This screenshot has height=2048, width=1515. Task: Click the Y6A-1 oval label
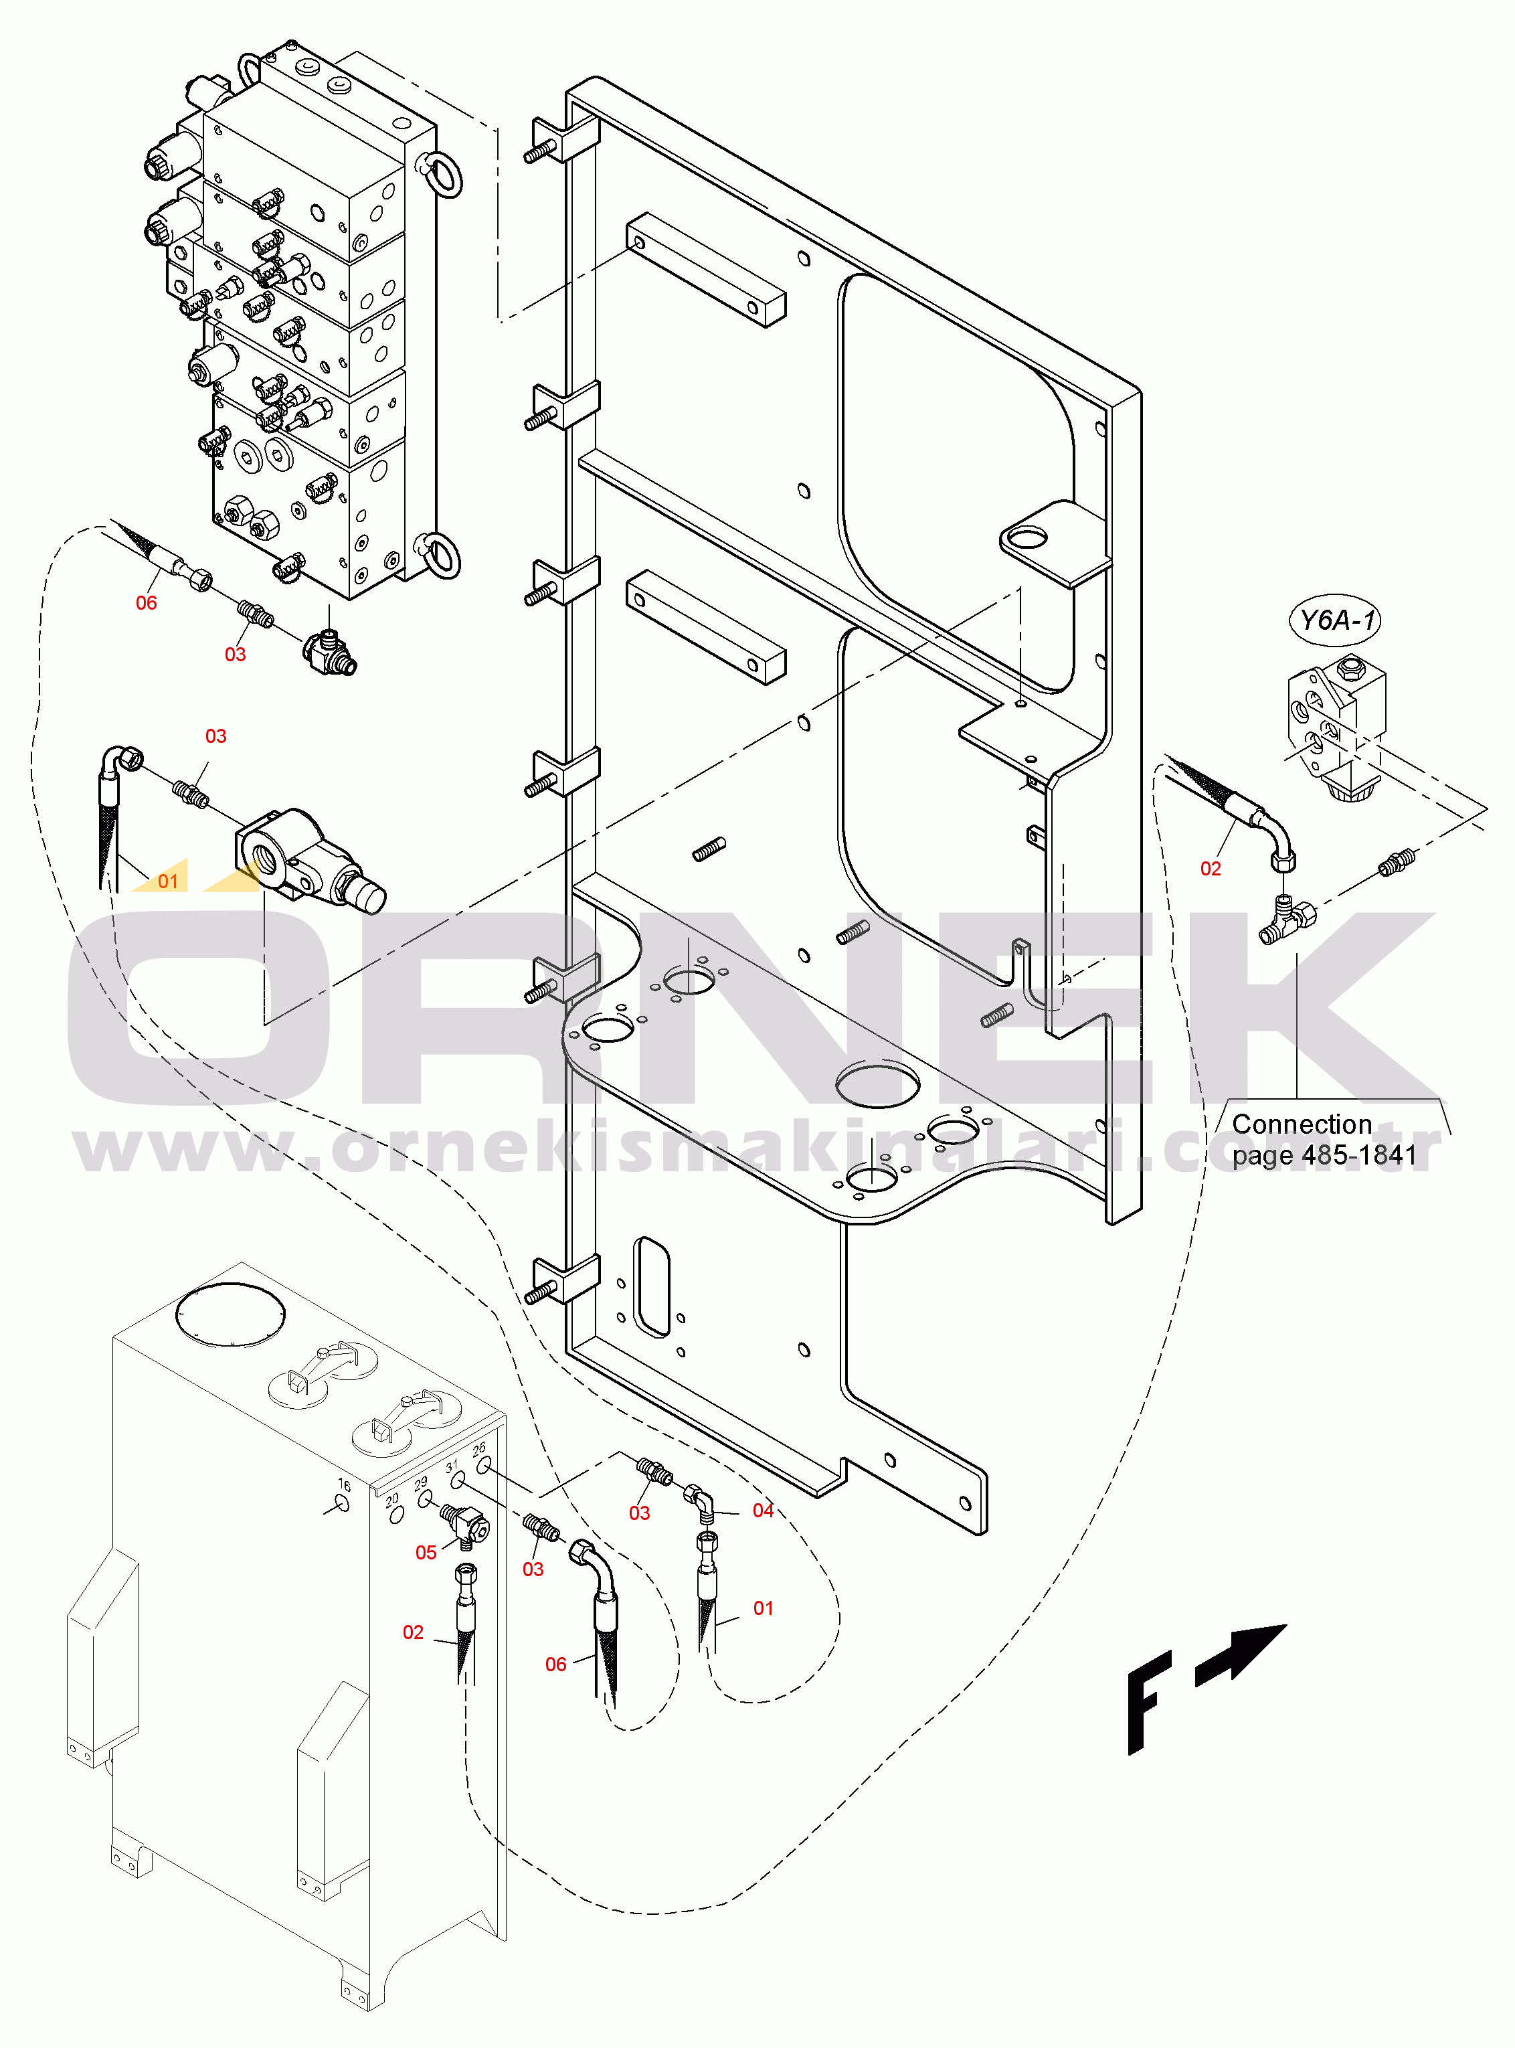(x=1334, y=621)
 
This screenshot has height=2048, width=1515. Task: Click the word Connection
(x=1302, y=1124)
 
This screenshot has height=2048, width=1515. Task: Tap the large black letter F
(x=1148, y=1703)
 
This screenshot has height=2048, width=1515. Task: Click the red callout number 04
(x=763, y=1510)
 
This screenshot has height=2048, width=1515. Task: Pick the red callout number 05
(x=426, y=1553)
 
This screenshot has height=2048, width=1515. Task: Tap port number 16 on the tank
(x=344, y=1485)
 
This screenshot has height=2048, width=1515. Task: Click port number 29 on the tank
(x=420, y=1483)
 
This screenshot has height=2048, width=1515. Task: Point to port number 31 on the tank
(x=451, y=1466)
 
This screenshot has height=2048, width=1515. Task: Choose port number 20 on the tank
(x=393, y=1501)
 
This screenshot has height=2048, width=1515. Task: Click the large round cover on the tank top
(x=230, y=1314)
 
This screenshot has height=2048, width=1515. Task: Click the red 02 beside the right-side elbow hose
(x=1211, y=869)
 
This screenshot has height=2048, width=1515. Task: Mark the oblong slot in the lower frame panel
(x=652, y=1286)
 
